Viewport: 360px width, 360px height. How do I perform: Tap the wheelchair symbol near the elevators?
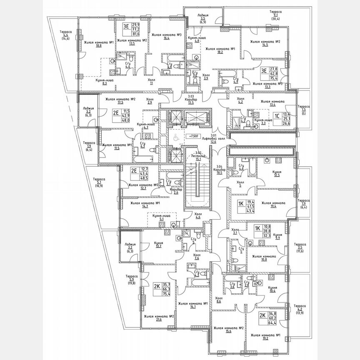(176, 137)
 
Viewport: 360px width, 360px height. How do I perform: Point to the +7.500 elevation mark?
(192, 136)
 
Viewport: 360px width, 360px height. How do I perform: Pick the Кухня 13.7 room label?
(158, 245)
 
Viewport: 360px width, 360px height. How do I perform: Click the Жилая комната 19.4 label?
(273, 205)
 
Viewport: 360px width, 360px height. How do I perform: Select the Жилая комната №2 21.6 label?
(159, 319)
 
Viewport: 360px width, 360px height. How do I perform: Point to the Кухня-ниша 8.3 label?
(105, 82)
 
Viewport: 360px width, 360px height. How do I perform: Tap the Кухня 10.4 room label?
(273, 290)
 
